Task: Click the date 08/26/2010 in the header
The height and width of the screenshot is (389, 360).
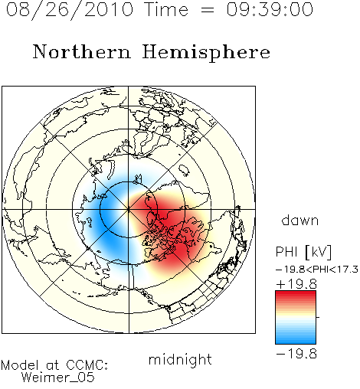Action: (x=70, y=10)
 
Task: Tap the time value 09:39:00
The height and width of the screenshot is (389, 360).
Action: (x=270, y=9)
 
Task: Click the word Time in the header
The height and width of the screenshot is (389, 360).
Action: (x=166, y=9)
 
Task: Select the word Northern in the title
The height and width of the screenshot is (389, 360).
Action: (x=82, y=51)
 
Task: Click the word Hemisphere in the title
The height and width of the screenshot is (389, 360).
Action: (x=206, y=53)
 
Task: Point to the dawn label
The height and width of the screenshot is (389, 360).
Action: (x=300, y=221)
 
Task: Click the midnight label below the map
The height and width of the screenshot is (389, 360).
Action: (x=180, y=359)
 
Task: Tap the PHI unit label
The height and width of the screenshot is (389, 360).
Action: (x=286, y=252)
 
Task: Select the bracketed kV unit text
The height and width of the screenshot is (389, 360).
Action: (x=318, y=252)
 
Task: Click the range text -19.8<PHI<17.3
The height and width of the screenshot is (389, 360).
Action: (x=317, y=270)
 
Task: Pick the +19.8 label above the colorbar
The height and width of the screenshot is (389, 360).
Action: (x=296, y=284)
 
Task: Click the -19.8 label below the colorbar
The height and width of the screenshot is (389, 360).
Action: (x=296, y=354)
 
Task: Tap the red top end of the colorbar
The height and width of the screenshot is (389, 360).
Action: (x=296, y=293)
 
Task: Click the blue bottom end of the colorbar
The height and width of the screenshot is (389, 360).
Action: (x=296, y=342)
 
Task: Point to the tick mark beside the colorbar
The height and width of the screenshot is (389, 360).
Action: (x=318, y=317)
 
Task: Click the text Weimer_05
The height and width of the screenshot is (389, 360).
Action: (x=58, y=378)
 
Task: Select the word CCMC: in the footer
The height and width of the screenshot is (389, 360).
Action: (x=87, y=365)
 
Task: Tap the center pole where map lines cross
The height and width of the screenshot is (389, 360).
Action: (x=129, y=209)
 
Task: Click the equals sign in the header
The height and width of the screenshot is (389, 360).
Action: (x=207, y=11)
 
